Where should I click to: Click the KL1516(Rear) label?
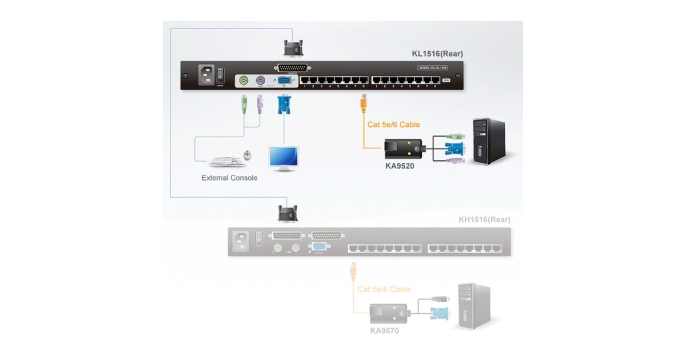pos(437,54)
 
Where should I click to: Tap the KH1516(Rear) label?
pos(484,219)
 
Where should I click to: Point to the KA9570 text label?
pos(385,330)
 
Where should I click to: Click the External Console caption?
pos(229,178)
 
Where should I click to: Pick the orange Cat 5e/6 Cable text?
pos(394,125)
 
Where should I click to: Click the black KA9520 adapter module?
pos(402,149)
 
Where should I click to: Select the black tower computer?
pos(488,141)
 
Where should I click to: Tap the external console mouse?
pos(248,155)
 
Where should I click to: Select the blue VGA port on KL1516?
pos(283,81)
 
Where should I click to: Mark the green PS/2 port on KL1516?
pos(243,81)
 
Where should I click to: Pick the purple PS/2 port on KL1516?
pos(260,81)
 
